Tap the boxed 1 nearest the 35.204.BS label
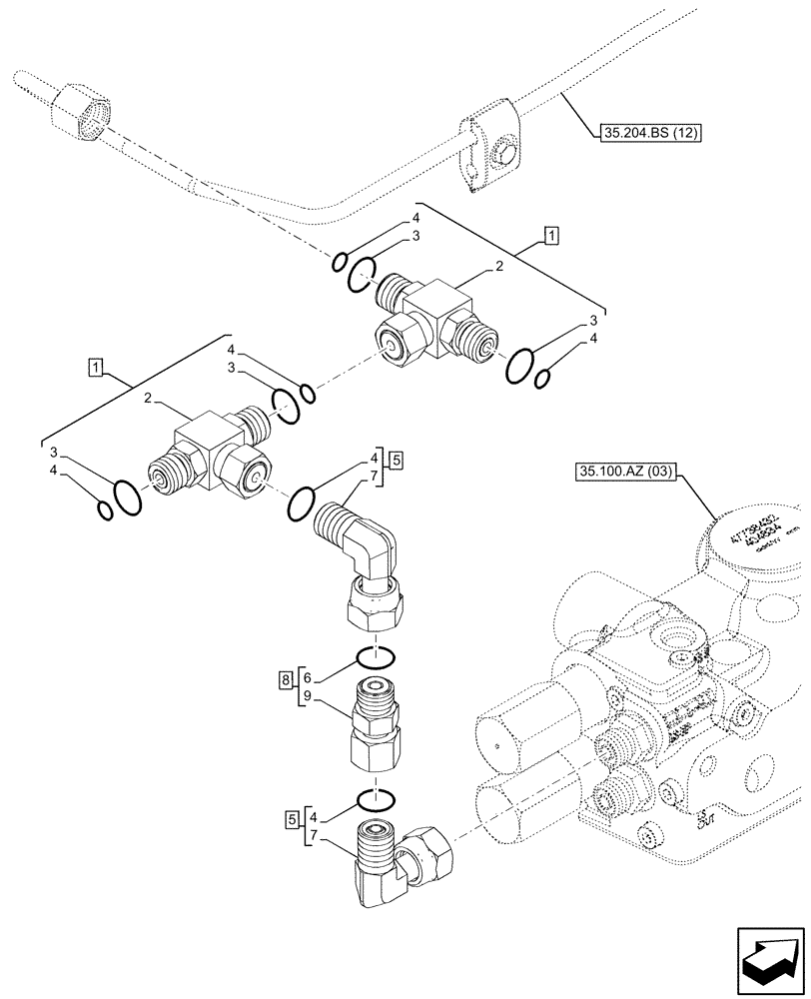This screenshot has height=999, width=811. click(550, 236)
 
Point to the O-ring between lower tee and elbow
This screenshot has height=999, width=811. click(303, 504)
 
